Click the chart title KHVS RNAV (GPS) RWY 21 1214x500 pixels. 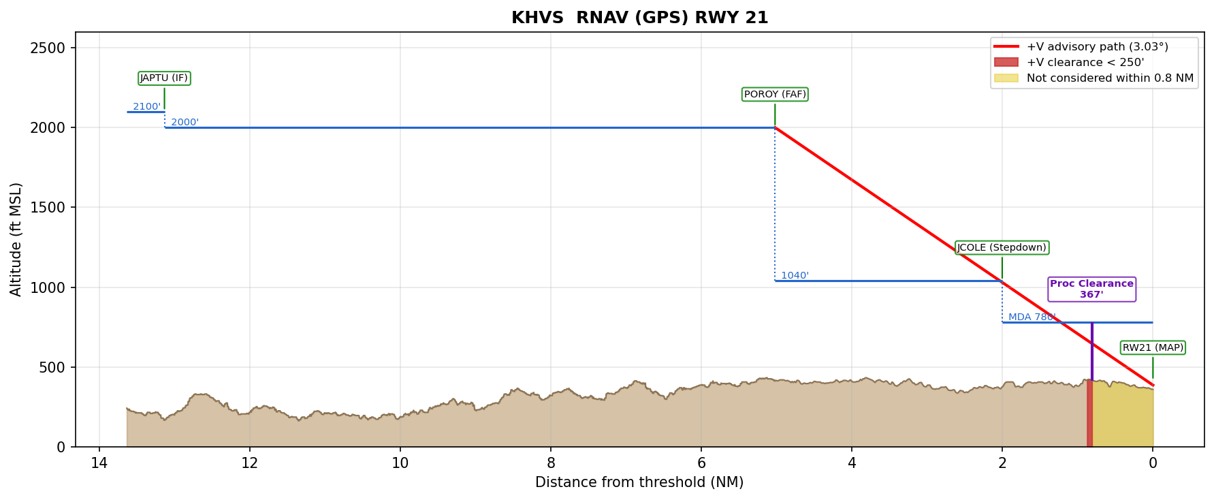pos(639,18)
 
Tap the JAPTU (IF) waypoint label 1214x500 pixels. pos(164,78)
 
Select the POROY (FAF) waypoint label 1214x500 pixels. pos(775,95)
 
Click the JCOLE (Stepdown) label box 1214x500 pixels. pos(1002,248)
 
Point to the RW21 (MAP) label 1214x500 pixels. pos(1153,348)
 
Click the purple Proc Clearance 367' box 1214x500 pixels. pos(1091,290)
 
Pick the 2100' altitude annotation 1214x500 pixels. pos(146,107)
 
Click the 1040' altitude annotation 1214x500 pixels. pos(795,276)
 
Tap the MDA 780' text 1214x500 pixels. pos(1032,317)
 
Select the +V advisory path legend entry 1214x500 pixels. pos(1097,47)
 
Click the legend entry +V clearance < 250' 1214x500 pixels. pos(1085,63)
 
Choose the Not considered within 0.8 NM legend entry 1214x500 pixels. pos(1109,78)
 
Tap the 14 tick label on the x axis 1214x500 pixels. pos(99,463)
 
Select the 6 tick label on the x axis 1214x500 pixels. pos(701,463)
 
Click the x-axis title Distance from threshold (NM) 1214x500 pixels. pos(639,483)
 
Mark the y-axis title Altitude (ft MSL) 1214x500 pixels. pos(16,239)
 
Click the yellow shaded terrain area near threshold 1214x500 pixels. pos(1123,416)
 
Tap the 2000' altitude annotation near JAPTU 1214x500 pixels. pos(185,123)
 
